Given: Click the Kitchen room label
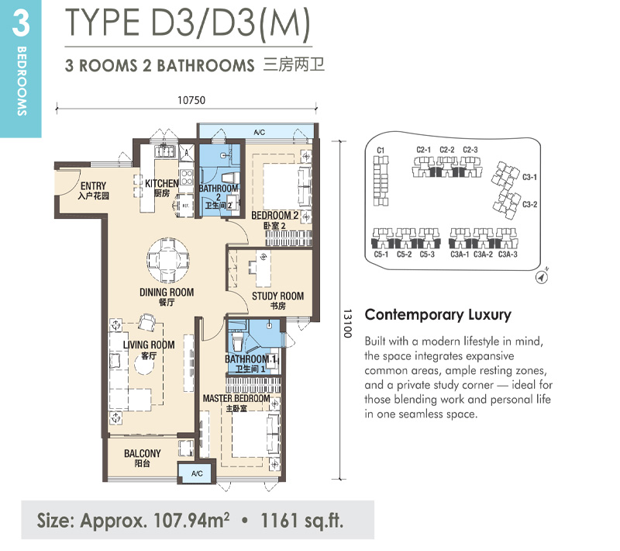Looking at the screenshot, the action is [x=162, y=188].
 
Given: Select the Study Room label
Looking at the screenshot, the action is [x=277, y=300].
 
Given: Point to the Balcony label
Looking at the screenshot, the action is [x=143, y=458].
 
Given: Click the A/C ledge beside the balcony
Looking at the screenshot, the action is [x=197, y=473].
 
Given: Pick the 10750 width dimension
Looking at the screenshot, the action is [x=191, y=100].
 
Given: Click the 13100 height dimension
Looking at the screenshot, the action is [x=347, y=324].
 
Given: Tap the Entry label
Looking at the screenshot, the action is [x=93, y=190].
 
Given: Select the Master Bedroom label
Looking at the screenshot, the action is [x=236, y=403].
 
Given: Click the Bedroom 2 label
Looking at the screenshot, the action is [x=275, y=220].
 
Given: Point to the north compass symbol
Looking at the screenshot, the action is [x=542, y=276].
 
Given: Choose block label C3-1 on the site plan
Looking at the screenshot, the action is [x=530, y=177].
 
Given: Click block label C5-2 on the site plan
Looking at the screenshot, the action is [x=404, y=255].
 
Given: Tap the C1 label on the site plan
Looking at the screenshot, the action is [x=381, y=150].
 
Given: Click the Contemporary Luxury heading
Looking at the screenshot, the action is [x=438, y=314].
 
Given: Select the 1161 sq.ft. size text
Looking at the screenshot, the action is [x=302, y=521].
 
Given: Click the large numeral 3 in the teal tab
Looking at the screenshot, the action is [x=21, y=23].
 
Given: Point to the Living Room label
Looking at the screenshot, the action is [x=149, y=349].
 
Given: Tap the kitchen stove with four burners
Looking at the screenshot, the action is [x=187, y=178].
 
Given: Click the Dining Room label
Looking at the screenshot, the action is [x=167, y=296].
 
